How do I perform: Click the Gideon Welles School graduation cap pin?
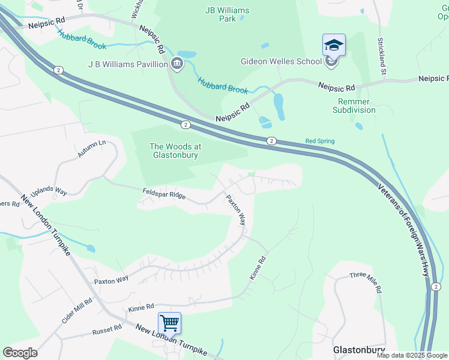[x=334, y=45]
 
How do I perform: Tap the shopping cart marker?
[x=169, y=323]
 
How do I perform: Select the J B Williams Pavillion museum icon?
[x=177, y=64]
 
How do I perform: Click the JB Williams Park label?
[x=227, y=14]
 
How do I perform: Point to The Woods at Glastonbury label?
[x=175, y=151]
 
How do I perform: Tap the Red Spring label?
[x=320, y=141]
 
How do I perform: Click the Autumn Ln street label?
[x=91, y=149]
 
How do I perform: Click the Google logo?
[x=20, y=353]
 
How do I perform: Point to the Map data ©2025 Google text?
[x=412, y=355]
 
